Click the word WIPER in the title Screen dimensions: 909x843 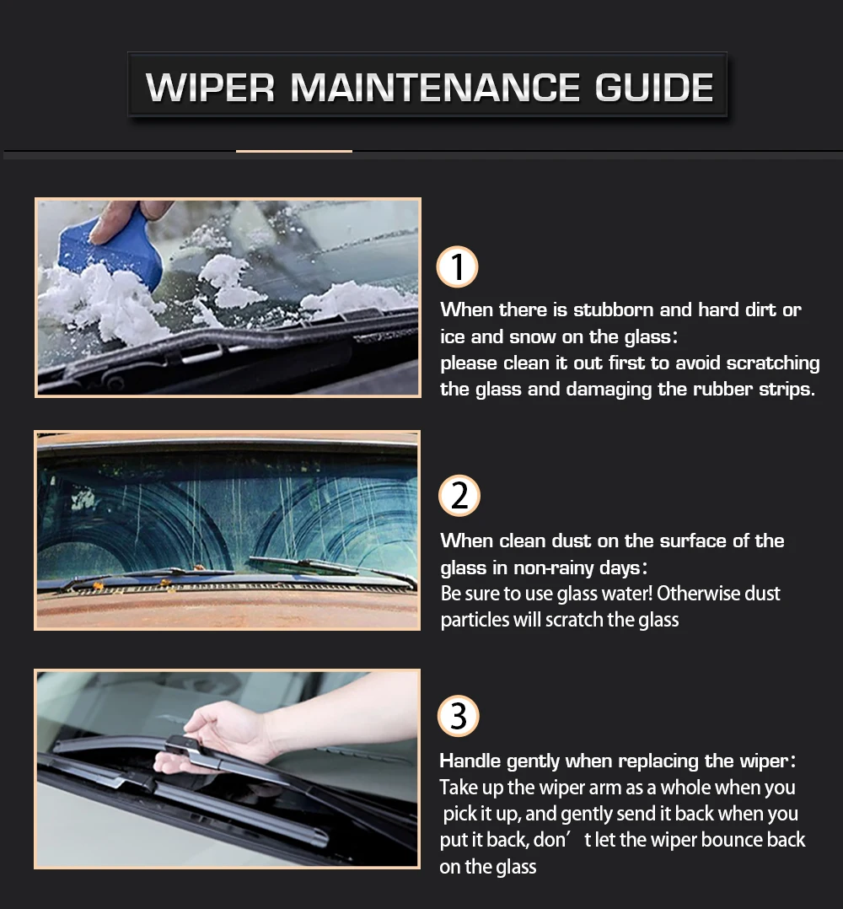point(210,88)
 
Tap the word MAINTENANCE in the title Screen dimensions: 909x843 point(435,88)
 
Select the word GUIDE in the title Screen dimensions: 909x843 point(654,88)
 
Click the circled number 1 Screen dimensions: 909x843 point(458,267)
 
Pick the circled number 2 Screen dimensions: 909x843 point(459,496)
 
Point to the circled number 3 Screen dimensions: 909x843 point(459,717)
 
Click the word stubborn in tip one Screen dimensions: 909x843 point(613,310)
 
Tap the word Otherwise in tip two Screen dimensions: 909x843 point(698,594)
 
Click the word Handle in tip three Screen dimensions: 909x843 point(470,761)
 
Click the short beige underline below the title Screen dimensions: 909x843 point(293,152)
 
